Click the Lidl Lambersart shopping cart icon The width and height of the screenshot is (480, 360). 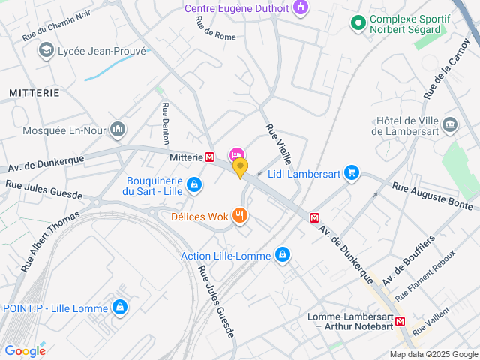click(351, 173)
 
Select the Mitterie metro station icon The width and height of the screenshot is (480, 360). click(211, 157)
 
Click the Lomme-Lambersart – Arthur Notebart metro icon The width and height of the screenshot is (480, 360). click(400, 322)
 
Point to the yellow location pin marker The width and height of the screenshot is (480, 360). click(240, 167)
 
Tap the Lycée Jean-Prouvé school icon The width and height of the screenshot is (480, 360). click(46, 49)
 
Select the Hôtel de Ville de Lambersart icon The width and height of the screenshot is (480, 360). click(450, 124)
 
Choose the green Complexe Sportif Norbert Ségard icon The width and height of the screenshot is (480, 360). click(358, 23)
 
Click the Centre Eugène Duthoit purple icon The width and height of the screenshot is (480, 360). click(301, 8)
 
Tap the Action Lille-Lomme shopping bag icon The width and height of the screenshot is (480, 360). click(282, 256)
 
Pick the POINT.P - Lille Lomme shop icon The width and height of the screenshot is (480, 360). click(119, 307)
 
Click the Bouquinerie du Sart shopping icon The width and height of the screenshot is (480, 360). click(193, 184)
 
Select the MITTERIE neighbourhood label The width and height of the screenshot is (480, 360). click(34, 92)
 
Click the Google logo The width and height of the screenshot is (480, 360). click(25, 350)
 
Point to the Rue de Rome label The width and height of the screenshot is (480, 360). click(215, 28)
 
